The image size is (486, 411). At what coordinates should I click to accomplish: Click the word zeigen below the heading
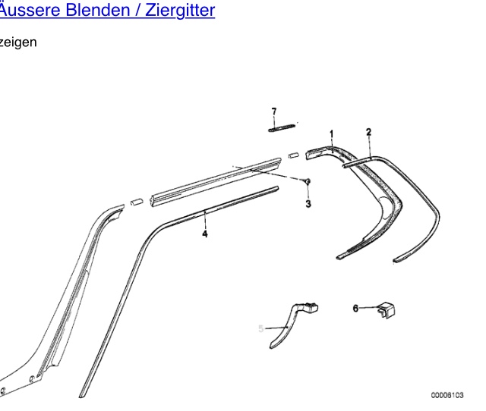(18, 42)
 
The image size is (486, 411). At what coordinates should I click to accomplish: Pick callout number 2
(368, 132)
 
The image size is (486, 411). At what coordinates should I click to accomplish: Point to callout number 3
(308, 203)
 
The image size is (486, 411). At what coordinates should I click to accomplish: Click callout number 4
(204, 234)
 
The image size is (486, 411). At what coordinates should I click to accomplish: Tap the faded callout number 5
(260, 328)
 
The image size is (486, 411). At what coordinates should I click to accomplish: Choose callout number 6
(355, 308)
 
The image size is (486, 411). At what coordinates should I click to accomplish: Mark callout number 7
(274, 111)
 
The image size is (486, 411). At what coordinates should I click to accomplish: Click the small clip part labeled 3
(308, 182)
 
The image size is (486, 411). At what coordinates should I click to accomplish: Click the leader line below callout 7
(274, 121)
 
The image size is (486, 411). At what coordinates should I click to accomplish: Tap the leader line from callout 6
(368, 308)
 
